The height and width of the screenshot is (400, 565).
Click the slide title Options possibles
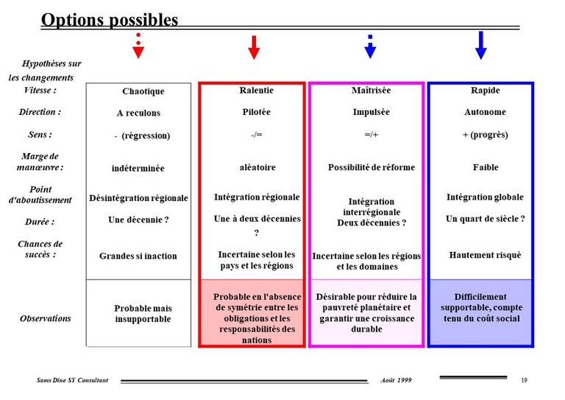[110, 20]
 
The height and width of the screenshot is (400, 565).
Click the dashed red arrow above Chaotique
[138, 46]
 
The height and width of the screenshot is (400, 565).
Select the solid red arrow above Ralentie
[254, 47]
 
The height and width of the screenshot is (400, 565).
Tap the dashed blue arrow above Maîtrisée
[370, 47]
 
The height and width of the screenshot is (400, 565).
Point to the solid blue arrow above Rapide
[481, 46]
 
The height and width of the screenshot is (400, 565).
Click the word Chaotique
[143, 91]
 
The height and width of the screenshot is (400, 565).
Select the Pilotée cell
[256, 112]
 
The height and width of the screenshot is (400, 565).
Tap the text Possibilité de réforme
[371, 167]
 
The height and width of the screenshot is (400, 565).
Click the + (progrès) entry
[485, 135]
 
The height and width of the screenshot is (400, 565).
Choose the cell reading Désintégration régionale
[138, 198]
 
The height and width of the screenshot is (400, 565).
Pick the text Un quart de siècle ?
[485, 219]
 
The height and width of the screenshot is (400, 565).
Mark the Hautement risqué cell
[485, 255]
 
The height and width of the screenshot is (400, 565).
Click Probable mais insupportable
[143, 313]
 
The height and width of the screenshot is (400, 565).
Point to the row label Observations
[46, 318]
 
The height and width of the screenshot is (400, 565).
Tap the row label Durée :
[40, 222]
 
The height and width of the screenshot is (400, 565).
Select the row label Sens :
[40, 135]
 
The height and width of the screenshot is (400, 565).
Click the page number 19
[525, 380]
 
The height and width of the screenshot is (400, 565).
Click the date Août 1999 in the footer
[396, 380]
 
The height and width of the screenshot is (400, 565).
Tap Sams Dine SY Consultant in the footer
[72, 380]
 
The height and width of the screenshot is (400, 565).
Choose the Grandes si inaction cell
[138, 256]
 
